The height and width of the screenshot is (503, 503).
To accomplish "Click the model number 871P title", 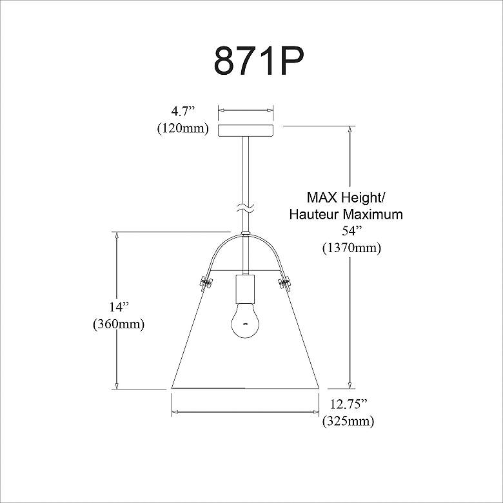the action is click(x=259, y=61).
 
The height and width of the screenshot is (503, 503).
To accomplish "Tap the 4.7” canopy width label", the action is click(x=183, y=112).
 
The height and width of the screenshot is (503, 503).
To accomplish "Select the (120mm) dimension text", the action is click(x=183, y=128).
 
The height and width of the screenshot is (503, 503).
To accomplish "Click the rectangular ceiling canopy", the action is click(x=246, y=131).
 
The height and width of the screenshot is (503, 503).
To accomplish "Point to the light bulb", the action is click(x=246, y=321).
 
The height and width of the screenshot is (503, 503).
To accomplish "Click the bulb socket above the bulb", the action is click(x=246, y=289).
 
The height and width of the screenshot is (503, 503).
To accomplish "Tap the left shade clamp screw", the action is click(x=206, y=282).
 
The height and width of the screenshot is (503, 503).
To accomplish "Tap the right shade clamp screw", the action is click(x=285, y=282).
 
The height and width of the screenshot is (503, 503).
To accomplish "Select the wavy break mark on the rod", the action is click(x=246, y=208).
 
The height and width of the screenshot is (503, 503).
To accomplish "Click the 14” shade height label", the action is click(x=119, y=308).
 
